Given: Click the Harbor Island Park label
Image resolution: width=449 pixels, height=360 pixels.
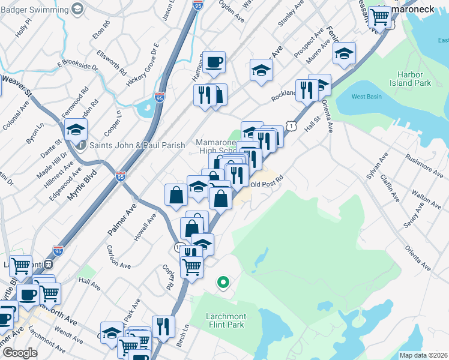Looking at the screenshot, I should pos(414,79).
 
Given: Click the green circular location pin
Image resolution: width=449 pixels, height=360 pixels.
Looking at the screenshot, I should pos(223,281).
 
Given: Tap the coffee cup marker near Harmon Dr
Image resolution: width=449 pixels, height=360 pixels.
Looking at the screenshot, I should pos(214,62).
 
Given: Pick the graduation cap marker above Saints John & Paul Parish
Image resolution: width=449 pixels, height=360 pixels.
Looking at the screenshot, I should pos(76,130).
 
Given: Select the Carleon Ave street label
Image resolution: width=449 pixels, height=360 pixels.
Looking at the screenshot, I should pos(118,256).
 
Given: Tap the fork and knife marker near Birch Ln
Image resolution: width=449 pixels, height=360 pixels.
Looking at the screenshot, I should pos(163,326).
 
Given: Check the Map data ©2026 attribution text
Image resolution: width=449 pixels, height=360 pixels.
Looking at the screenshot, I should pos(423,355).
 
